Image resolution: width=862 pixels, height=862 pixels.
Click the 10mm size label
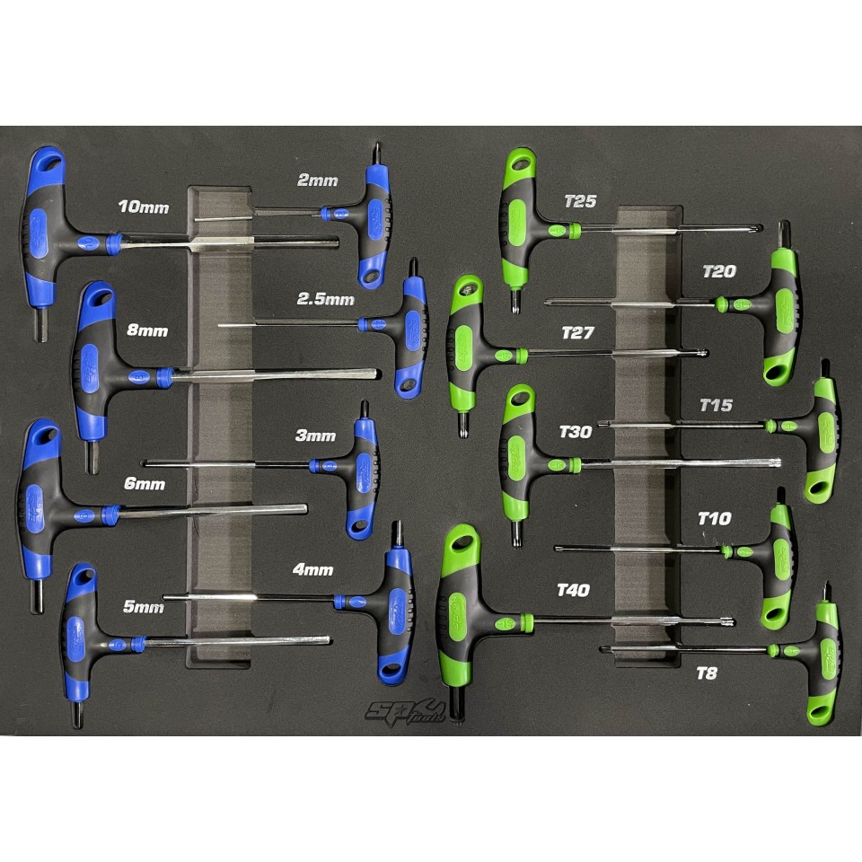coord(144,207)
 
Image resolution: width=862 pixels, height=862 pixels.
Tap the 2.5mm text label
coord(325,299)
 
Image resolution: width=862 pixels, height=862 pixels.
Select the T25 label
coord(581,201)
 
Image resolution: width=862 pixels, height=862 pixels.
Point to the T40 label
coord(574,590)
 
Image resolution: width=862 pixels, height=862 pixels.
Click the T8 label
coord(707,673)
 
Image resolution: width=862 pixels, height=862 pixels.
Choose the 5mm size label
coord(144,607)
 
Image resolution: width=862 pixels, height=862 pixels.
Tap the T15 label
coord(717,405)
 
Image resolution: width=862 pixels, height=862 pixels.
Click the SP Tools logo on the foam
coord(405,712)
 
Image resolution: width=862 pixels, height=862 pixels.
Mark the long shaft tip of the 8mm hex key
coord(376,374)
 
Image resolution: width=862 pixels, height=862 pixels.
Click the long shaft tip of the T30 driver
coord(778,463)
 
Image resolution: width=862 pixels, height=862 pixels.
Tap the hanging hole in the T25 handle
coord(522,162)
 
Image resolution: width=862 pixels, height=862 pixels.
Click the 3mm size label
coord(315,435)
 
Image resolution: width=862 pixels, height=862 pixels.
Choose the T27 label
coord(577,332)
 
